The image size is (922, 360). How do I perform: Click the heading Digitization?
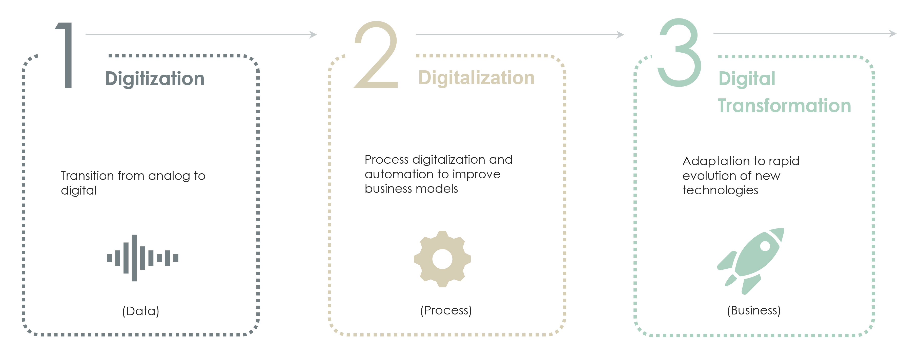(155, 79)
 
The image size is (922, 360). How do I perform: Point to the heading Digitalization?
(476, 78)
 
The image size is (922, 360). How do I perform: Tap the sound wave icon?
(142, 258)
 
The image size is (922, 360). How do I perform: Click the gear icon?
(442, 259)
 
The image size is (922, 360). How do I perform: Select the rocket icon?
(751, 261)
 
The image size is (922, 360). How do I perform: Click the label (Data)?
(141, 311)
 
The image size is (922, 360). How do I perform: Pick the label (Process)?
(446, 310)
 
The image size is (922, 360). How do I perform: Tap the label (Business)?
(754, 310)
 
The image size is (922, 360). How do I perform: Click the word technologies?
(720, 190)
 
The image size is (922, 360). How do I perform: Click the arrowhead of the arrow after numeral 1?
(314, 35)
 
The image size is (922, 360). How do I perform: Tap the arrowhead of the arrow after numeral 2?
(621, 35)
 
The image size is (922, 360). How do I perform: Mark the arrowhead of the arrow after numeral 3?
(893, 34)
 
